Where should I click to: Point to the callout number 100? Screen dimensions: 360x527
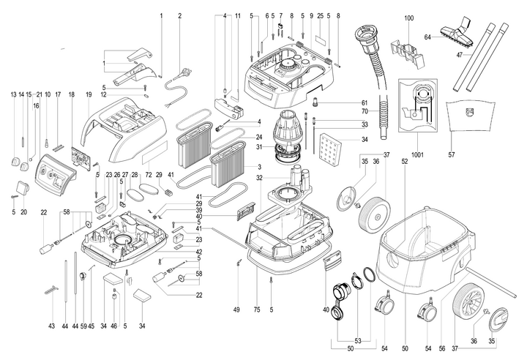click(x=408, y=17)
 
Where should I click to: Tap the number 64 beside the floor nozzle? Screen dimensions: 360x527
click(x=427, y=37)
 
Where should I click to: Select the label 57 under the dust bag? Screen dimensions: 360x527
click(x=452, y=154)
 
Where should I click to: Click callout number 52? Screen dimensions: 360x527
click(x=403, y=160)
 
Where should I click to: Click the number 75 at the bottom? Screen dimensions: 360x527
click(x=258, y=310)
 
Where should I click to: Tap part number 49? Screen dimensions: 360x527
click(x=236, y=310)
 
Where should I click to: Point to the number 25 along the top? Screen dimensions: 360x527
click(x=320, y=15)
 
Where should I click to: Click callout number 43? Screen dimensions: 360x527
click(x=51, y=325)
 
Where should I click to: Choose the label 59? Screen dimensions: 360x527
click(x=83, y=325)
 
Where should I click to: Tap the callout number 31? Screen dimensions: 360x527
click(x=237, y=146)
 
